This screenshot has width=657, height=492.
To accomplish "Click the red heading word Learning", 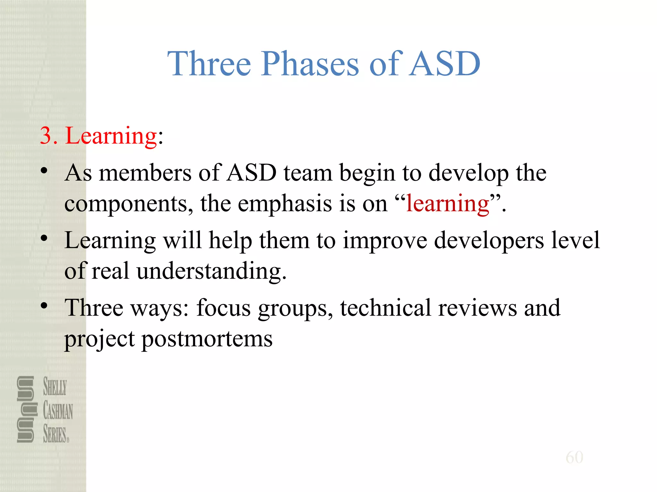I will pos(111,136).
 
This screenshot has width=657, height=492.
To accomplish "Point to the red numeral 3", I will pos(46,136).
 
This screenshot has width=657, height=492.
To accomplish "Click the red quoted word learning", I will pos(448,204).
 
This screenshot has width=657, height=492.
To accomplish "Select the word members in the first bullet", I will pos(145,173).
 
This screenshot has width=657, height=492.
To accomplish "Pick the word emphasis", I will pos(285,204).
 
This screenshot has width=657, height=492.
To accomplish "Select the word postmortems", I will pos(207,339).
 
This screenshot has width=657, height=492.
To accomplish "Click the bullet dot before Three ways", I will pos(44,306).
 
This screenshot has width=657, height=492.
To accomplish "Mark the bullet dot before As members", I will pos(44,170).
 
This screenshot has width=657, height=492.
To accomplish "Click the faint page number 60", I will pos(574,457).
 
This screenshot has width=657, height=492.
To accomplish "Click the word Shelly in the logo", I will pos(55,387).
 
